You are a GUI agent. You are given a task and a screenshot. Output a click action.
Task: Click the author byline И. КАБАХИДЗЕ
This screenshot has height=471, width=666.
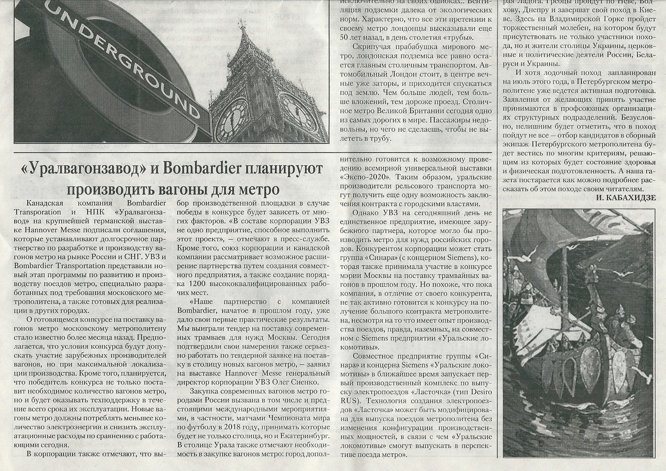tap(626, 198)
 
